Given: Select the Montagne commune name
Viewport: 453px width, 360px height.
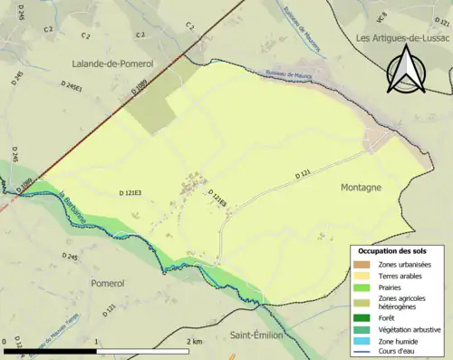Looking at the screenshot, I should click(x=361, y=186).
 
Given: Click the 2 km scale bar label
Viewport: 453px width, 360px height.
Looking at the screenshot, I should click(x=192, y=341).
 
